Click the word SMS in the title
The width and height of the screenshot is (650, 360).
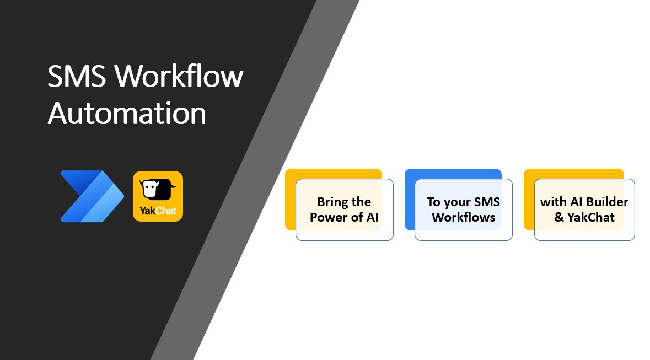coord(77,77)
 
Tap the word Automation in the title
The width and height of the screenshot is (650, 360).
coord(127,114)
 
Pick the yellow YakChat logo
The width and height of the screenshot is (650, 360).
coord(158,196)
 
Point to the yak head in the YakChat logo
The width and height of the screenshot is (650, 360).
coord(156,190)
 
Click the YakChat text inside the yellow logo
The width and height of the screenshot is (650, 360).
coord(158,211)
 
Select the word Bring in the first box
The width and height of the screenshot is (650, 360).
coord(332,202)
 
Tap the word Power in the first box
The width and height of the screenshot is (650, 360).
coord(329,217)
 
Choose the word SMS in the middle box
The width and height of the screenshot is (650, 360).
coord(486,202)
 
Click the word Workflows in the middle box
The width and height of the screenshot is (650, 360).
coord(463,217)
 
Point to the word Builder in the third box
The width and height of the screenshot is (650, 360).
coord(607,202)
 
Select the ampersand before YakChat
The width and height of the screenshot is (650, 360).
coord(559,217)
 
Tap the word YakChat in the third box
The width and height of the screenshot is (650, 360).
coord(591,217)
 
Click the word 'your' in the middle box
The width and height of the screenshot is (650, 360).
coord(456,202)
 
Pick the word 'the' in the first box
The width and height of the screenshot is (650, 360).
coord(361,202)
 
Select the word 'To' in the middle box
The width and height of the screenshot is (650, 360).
coord(433,202)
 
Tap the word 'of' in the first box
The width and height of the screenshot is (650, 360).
coord(356,217)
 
